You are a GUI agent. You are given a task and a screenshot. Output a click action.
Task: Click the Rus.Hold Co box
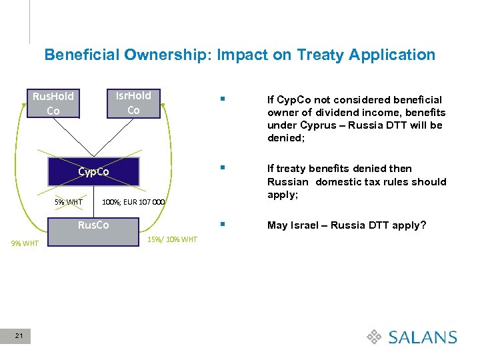(53, 103)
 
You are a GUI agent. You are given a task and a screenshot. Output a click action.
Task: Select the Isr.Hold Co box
(133, 103)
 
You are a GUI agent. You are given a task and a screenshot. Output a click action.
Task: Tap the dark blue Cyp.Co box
(93, 171)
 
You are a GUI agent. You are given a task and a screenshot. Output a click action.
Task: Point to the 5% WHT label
(69, 202)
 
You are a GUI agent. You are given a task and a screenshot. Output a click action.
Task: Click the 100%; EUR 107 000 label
(133, 202)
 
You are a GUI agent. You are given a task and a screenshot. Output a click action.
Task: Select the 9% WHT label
(25, 243)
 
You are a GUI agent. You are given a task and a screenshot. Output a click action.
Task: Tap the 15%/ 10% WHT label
(172, 239)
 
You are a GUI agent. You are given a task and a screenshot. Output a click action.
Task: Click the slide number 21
(19, 337)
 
